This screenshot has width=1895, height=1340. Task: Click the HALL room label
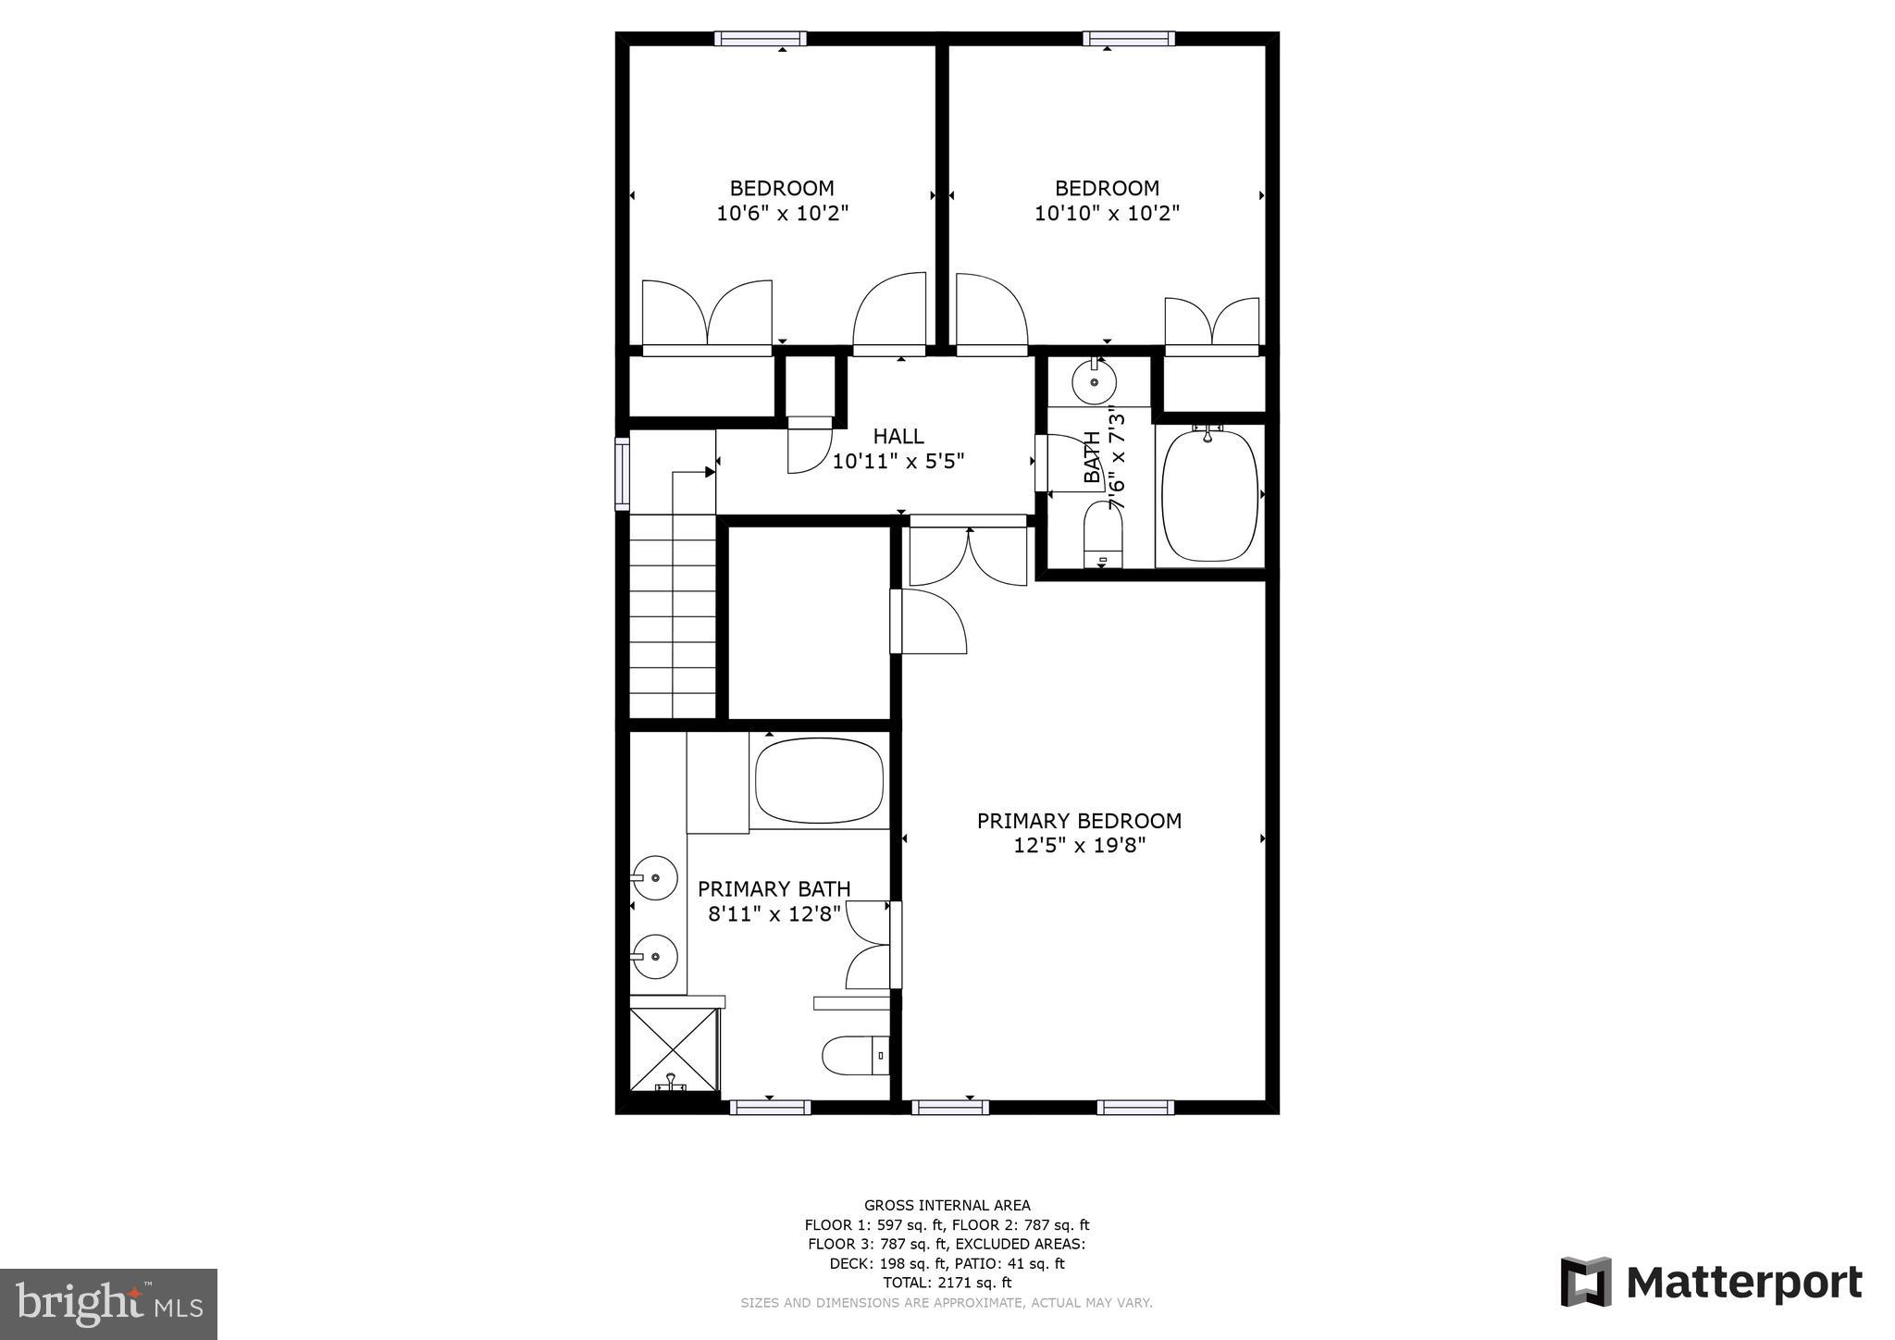point(898,436)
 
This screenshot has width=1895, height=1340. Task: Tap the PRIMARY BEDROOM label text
point(1079,821)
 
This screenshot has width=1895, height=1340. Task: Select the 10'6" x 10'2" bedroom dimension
point(782,214)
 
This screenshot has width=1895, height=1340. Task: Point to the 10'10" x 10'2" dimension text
point(1107,214)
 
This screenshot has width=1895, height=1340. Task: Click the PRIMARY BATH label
point(774,889)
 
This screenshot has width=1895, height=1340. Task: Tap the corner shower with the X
point(674,1050)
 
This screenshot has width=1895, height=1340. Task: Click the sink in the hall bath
point(1094,381)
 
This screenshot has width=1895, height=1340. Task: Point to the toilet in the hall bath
point(1102,535)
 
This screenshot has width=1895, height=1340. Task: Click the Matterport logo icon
point(1586,1283)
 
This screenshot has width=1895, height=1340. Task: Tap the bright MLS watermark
point(108,1304)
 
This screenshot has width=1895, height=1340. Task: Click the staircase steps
point(673,615)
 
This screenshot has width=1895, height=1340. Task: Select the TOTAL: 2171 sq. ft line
point(947,1283)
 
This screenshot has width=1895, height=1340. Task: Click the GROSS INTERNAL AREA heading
point(947,1205)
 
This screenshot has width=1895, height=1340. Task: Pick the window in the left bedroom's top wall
point(760,39)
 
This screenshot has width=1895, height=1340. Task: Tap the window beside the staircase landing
point(623,474)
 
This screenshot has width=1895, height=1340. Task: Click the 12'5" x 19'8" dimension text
point(1079,846)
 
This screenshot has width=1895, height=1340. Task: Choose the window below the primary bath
point(770,1107)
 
